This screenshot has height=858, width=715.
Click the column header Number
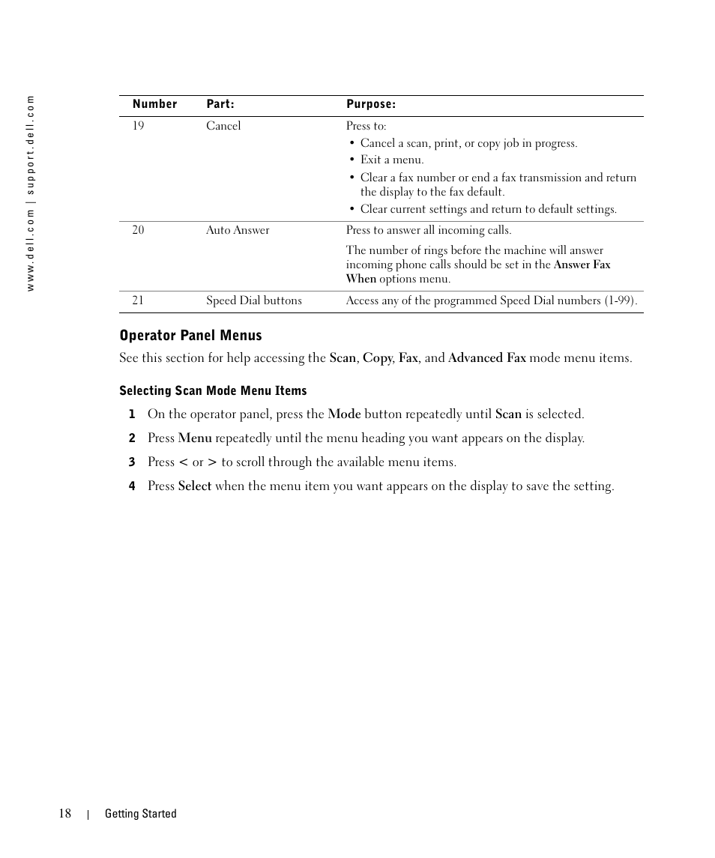154,104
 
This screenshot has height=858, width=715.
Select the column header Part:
220,104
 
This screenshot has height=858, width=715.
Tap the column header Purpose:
371,104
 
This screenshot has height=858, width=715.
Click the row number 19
138,125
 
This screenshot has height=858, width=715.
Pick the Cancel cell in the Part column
223,126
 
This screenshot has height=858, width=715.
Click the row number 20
138,230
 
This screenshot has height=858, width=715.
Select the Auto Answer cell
238,230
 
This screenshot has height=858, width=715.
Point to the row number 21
138,300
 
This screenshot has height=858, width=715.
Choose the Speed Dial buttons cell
254,300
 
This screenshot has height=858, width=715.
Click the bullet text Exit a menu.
391,160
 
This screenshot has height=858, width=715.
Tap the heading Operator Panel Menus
190,335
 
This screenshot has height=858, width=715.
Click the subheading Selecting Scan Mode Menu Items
213,390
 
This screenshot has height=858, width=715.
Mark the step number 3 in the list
131,462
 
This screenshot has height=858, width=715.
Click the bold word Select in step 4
195,486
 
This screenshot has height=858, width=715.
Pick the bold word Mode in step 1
344,414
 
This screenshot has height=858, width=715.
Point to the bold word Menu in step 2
195,438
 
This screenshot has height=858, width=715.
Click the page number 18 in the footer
65,814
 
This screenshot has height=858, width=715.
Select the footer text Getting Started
140,814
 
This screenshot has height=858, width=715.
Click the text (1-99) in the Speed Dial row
619,300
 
